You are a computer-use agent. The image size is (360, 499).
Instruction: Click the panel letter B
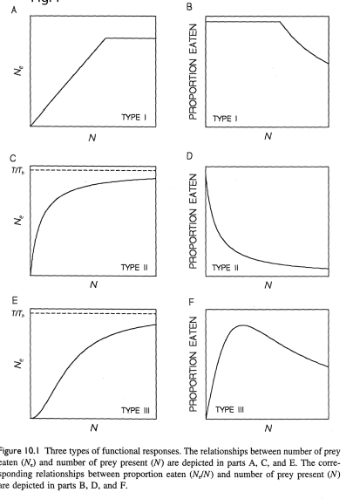(190, 12)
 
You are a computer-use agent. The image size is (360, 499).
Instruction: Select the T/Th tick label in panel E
(17, 312)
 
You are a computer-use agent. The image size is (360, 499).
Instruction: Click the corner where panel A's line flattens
(105, 38)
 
